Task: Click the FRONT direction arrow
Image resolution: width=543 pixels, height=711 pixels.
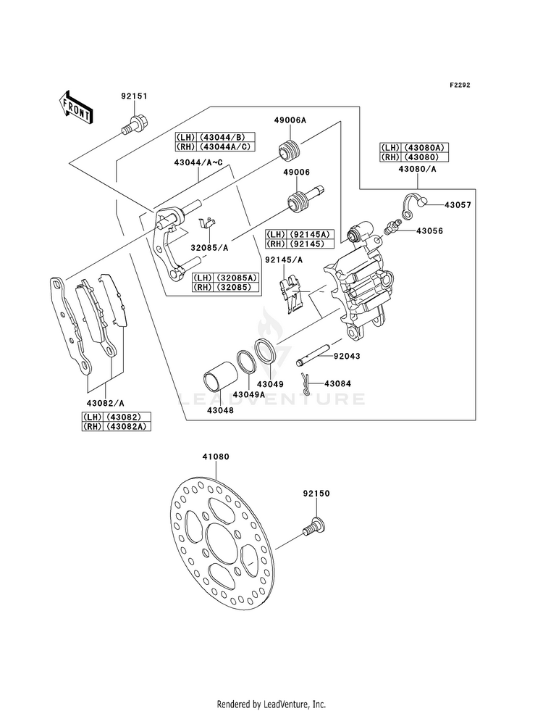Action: coord(75,107)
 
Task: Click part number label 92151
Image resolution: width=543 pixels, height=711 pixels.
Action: coord(134,96)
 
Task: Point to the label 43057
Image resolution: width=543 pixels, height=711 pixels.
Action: coord(458,205)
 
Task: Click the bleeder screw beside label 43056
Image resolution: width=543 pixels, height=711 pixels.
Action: coord(391,226)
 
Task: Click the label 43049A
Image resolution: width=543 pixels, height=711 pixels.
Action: coord(248,394)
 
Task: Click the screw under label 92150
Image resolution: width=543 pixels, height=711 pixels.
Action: coord(315,528)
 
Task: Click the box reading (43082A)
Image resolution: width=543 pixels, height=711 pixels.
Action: coord(127,426)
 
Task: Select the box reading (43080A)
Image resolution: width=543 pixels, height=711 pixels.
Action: coord(425,147)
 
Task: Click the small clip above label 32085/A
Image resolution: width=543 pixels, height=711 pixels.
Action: coord(207,223)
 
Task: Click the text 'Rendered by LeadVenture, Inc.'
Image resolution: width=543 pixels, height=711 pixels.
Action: coord(271,704)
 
